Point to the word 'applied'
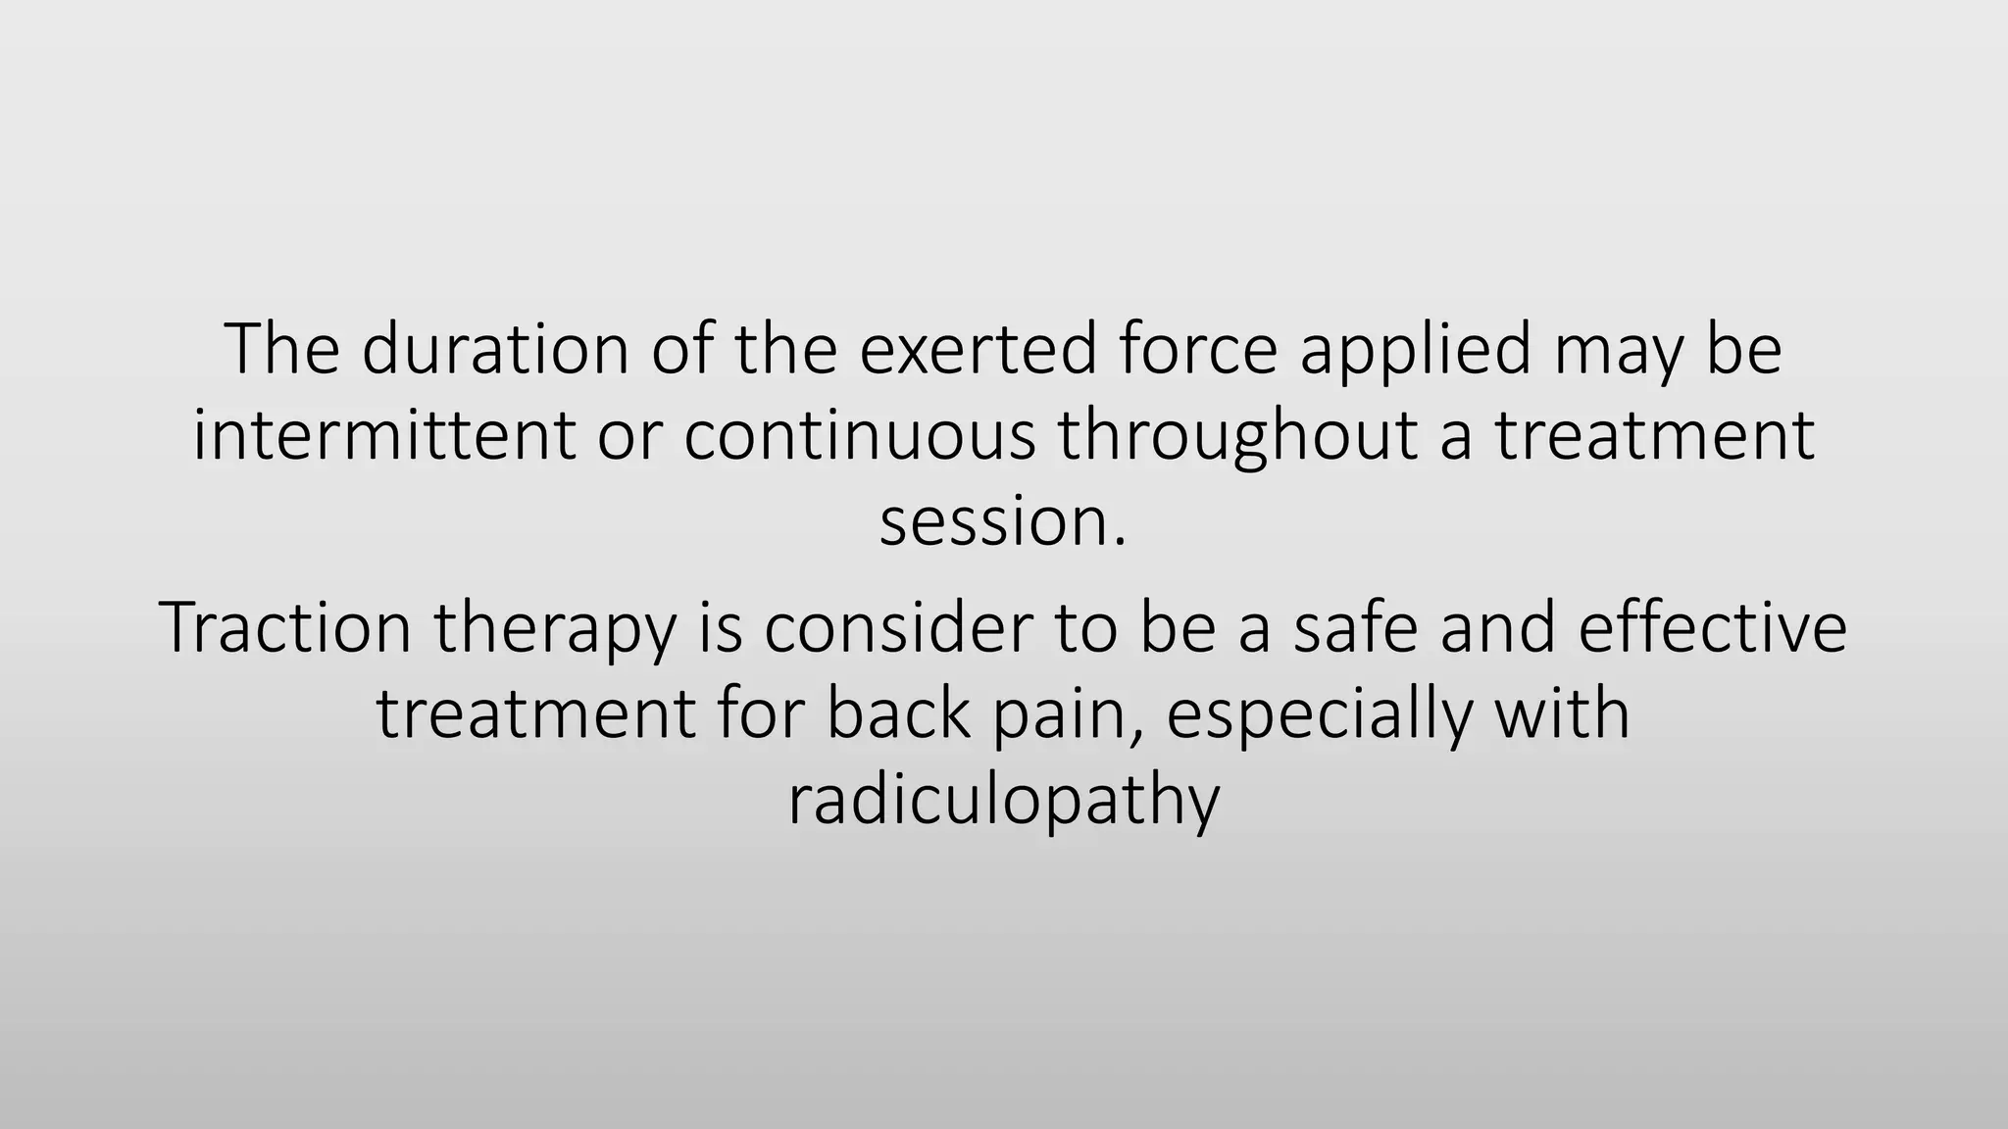[1415, 351]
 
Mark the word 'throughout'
[1236, 436]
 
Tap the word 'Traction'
[284, 627]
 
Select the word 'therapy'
[555, 629]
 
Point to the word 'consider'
[897, 627]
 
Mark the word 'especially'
[1319, 715]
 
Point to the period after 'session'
[1120, 543]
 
